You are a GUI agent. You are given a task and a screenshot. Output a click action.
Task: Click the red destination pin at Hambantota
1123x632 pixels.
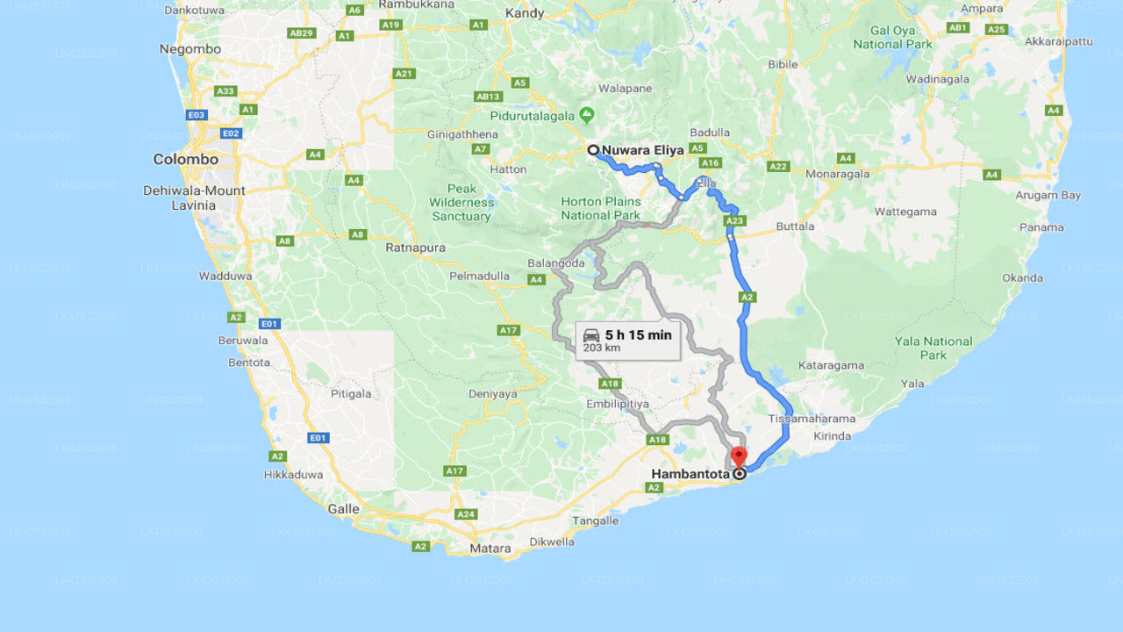pyautogui.click(x=739, y=457)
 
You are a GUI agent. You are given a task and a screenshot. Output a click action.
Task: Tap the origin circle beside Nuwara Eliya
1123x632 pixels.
pyautogui.click(x=593, y=150)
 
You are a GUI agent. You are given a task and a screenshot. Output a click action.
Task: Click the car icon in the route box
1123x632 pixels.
pyautogui.click(x=591, y=334)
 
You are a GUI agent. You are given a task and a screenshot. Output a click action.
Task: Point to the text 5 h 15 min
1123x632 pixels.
pyautogui.click(x=638, y=334)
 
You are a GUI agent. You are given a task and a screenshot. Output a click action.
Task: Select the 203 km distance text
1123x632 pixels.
pyautogui.click(x=601, y=348)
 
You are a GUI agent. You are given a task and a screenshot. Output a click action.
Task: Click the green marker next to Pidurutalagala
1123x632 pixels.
pyautogui.click(x=587, y=115)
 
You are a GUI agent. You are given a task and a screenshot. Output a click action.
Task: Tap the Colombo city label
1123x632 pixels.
pyautogui.click(x=185, y=160)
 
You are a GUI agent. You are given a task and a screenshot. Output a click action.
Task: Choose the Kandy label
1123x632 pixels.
pyautogui.click(x=525, y=13)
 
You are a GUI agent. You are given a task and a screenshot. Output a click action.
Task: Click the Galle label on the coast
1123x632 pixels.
pyautogui.click(x=342, y=509)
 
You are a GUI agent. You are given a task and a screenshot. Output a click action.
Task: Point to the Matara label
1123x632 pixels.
pyautogui.click(x=490, y=549)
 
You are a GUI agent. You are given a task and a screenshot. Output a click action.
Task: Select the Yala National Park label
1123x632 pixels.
pyautogui.click(x=933, y=348)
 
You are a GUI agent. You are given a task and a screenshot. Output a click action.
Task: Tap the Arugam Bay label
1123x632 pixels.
pyautogui.click(x=1048, y=196)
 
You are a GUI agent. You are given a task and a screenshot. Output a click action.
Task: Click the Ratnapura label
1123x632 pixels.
pyautogui.click(x=415, y=248)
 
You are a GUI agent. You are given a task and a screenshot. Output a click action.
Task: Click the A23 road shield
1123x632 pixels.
pyautogui.click(x=735, y=221)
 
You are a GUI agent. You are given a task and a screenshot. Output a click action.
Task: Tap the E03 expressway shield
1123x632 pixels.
pyautogui.click(x=197, y=115)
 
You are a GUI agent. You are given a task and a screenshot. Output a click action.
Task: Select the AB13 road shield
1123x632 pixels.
pyautogui.click(x=488, y=97)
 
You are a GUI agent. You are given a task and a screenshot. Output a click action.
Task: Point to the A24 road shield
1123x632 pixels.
pyautogui.click(x=466, y=514)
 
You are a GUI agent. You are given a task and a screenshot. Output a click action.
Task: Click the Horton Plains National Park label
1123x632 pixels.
pyautogui.click(x=601, y=208)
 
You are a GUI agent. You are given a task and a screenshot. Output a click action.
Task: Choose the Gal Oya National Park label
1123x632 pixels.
pyautogui.click(x=892, y=38)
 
